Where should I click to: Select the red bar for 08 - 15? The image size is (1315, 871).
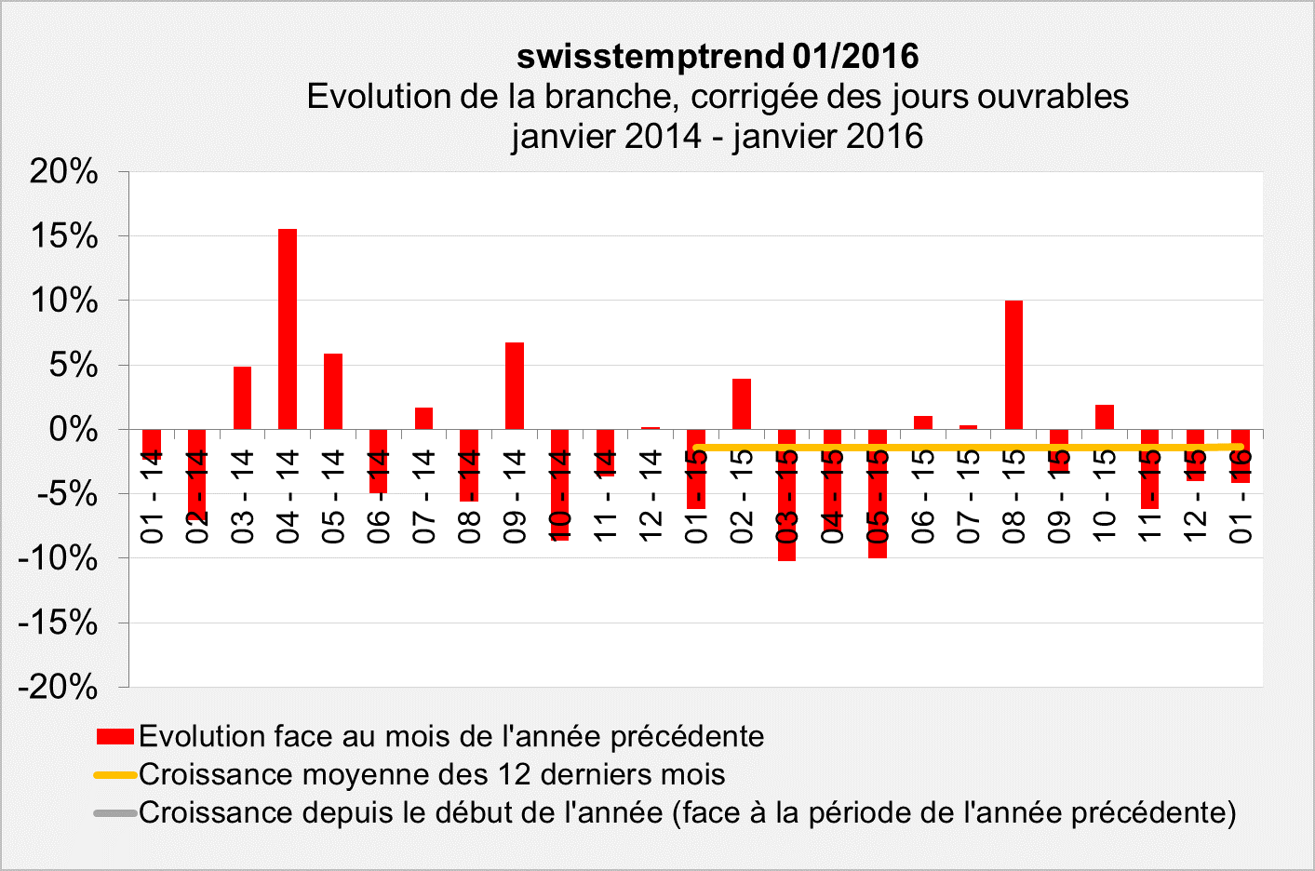[x=1013, y=365]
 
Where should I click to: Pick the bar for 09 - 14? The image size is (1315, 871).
[x=515, y=385]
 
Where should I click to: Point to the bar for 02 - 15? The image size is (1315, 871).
[x=742, y=404]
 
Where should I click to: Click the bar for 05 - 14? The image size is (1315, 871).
[x=333, y=391]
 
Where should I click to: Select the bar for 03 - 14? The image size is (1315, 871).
[x=242, y=397]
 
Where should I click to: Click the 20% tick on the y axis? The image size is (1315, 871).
[x=63, y=171]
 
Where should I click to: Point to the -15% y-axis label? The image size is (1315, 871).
[x=58, y=623]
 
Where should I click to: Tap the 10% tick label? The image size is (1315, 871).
[x=63, y=301]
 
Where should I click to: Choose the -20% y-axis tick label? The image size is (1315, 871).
[x=58, y=688]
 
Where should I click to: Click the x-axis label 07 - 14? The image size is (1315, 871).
[x=424, y=496]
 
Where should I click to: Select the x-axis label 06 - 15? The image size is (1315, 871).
[x=923, y=496]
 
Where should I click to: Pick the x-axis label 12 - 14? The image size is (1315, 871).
[x=651, y=496]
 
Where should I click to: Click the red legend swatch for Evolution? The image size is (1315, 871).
[x=115, y=737]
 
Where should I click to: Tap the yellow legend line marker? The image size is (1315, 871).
[x=115, y=774]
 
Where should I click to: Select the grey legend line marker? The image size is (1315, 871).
[x=115, y=813]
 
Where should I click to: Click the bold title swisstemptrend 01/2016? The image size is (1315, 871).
[x=718, y=57]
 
